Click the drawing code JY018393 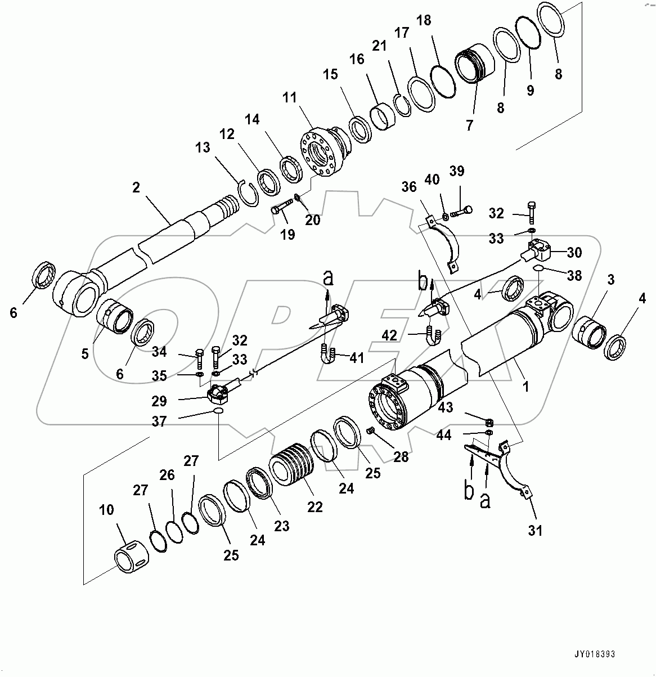point(594,654)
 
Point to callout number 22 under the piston point(314,506)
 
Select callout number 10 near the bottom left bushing point(106,510)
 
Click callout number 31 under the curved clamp point(535,530)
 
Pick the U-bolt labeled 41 point(327,356)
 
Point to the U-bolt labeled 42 point(434,335)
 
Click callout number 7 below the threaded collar point(469,124)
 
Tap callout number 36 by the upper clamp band point(410,187)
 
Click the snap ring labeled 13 point(246,192)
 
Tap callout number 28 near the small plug point(401,457)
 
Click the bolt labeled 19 point(281,208)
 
